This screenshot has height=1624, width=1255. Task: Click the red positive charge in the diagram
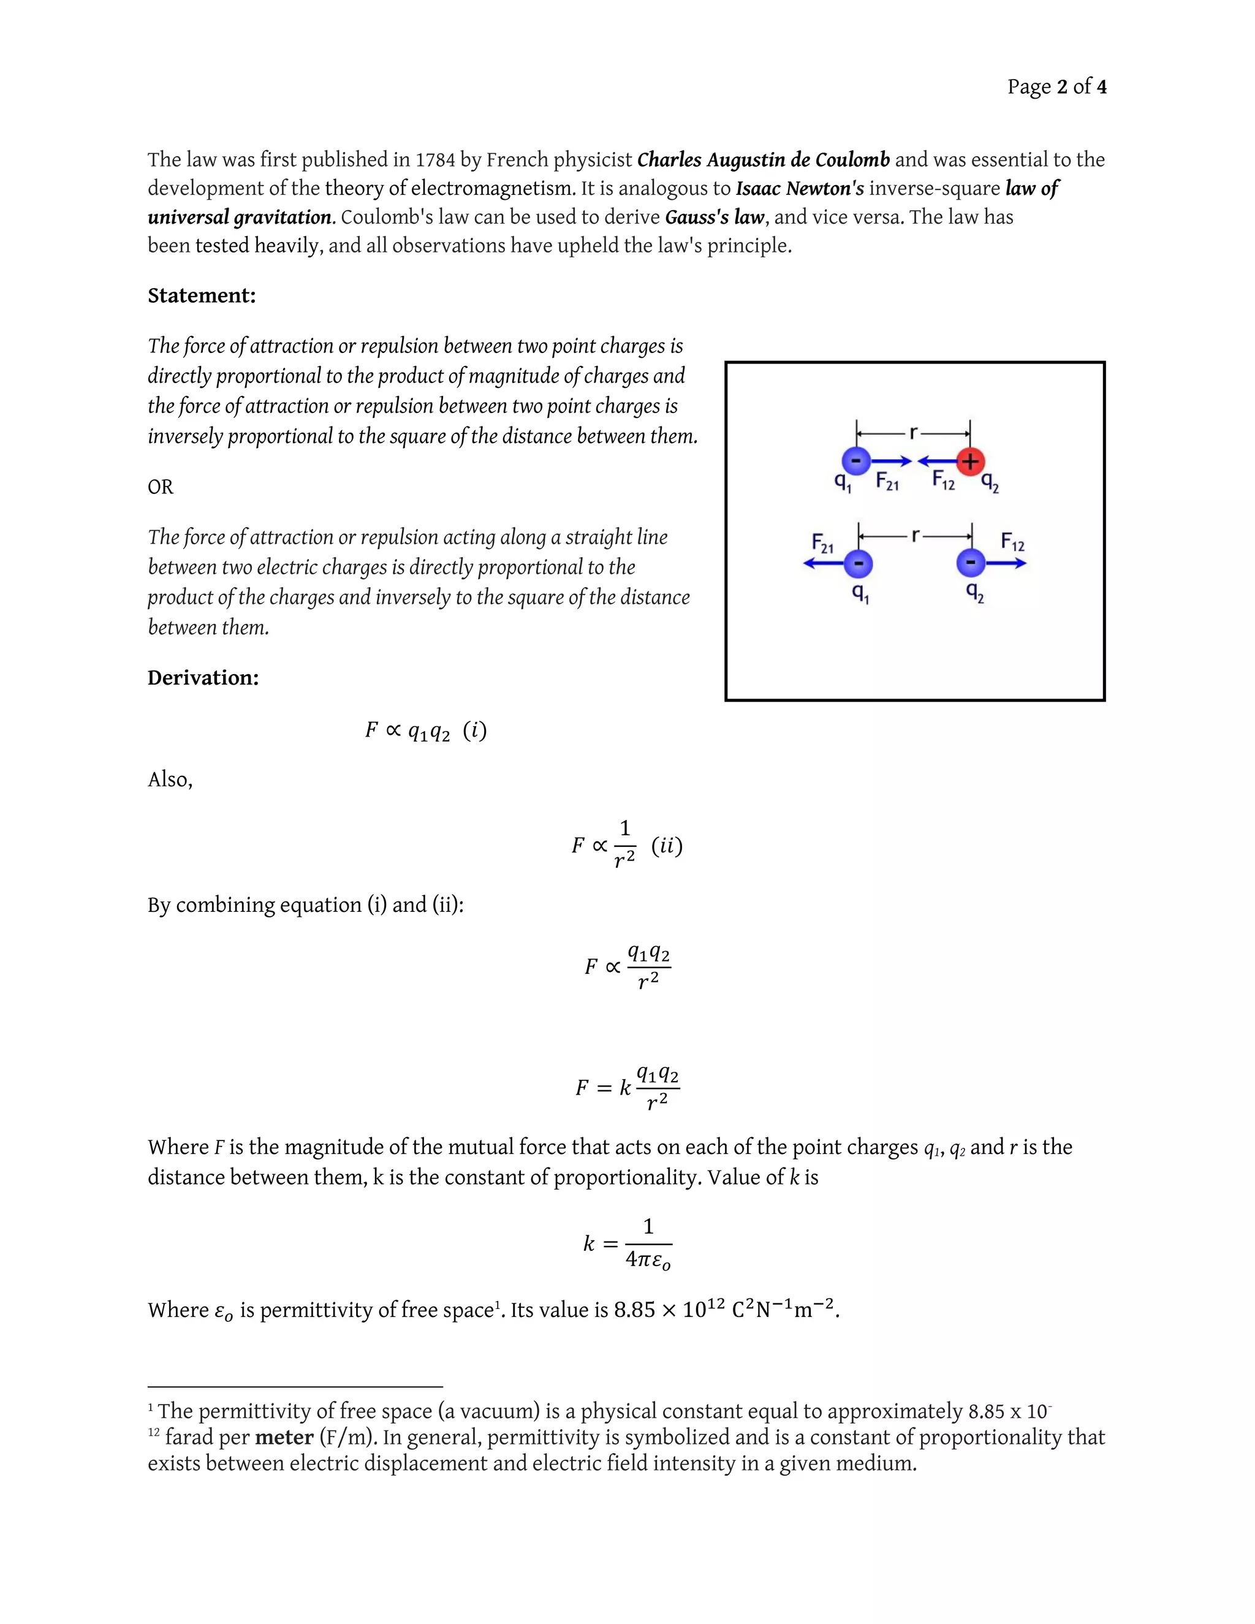point(969,462)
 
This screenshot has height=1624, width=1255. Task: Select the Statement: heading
point(202,296)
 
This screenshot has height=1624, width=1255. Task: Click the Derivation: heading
point(203,678)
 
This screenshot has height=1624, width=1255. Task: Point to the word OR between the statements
point(161,487)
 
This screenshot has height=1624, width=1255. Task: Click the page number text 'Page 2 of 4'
point(1056,87)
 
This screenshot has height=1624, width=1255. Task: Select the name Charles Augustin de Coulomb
point(763,160)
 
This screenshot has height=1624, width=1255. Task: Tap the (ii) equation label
point(666,846)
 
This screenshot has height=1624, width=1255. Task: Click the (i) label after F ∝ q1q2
point(474,731)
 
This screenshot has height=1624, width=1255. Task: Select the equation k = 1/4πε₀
point(627,1243)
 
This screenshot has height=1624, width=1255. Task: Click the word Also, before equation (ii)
point(170,780)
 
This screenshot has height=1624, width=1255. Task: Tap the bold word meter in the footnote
point(284,1437)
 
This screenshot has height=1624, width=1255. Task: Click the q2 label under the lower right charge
point(974,592)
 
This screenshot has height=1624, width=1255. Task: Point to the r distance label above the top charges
point(914,432)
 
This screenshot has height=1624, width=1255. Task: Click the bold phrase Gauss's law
point(714,217)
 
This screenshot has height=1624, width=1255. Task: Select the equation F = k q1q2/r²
point(627,1088)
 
